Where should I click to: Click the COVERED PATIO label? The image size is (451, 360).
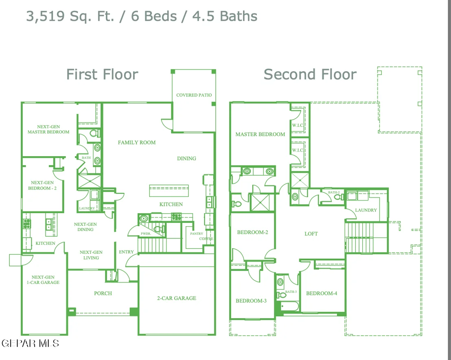(194, 95)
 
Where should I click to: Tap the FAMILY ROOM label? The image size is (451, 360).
(137, 142)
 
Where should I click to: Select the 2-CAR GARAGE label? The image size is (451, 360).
(177, 298)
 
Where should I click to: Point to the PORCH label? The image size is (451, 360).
(103, 293)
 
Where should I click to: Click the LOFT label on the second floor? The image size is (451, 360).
(311, 234)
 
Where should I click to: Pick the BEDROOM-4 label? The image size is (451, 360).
(322, 293)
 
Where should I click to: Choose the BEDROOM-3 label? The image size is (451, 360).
(251, 301)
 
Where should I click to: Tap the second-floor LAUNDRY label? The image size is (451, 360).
(366, 210)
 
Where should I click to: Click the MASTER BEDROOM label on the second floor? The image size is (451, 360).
(261, 134)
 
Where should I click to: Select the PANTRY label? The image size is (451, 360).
(197, 233)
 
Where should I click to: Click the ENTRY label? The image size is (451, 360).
(126, 252)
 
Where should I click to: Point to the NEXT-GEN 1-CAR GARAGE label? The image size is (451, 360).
(43, 280)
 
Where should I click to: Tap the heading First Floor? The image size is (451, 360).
(103, 74)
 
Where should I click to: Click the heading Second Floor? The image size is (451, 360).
(310, 74)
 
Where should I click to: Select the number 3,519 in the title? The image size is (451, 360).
(46, 16)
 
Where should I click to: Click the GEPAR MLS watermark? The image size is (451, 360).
(30, 343)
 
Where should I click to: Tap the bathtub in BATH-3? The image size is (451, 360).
(289, 306)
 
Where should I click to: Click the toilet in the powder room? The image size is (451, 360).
(159, 229)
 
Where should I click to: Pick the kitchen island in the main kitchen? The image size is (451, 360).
(169, 191)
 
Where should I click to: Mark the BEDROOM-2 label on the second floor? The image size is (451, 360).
(252, 232)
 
